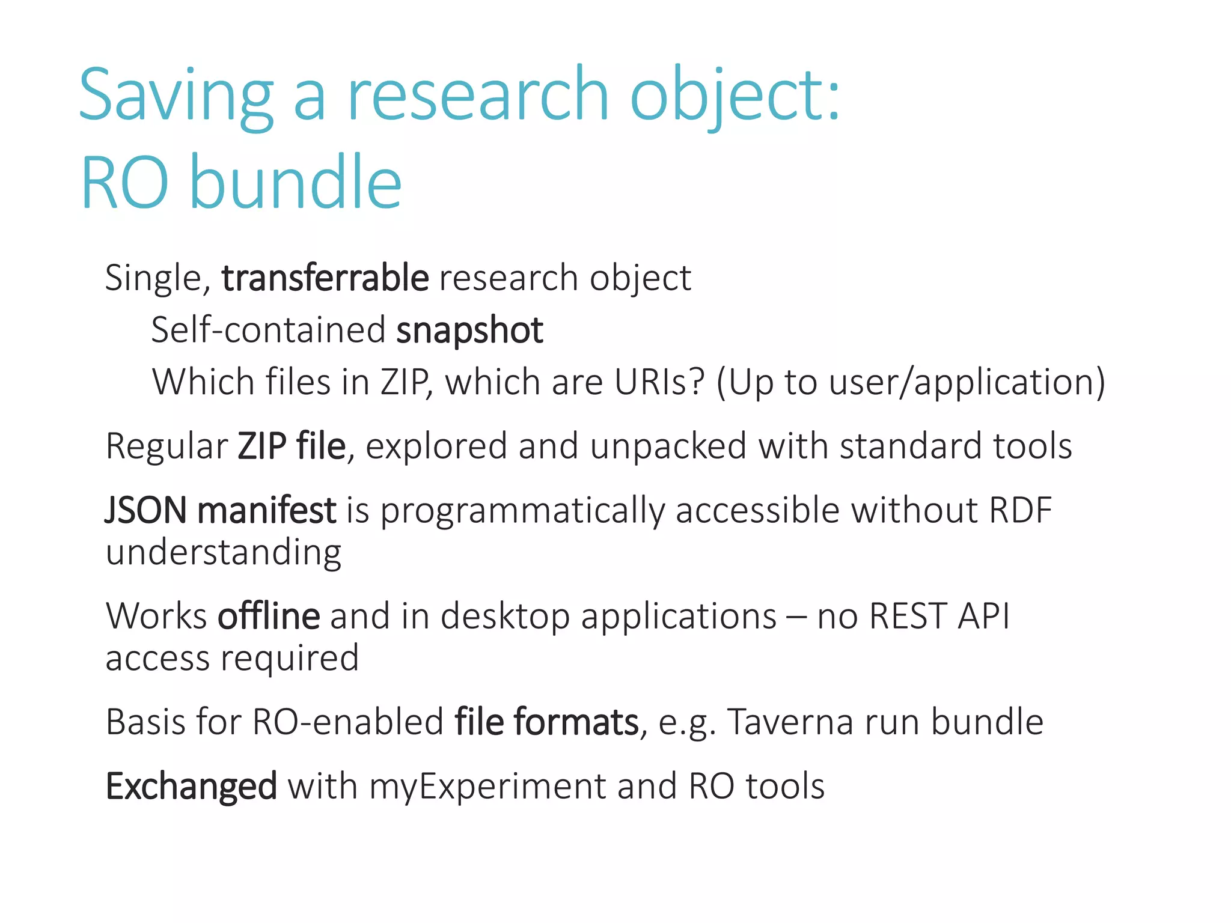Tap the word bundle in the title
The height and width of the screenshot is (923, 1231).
[x=295, y=183]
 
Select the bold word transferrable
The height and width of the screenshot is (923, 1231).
[x=325, y=278]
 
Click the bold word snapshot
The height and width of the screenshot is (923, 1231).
[x=469, y=331]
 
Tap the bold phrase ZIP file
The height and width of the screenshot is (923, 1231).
[x=292, y=446]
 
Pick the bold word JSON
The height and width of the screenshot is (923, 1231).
[x=146, y=511]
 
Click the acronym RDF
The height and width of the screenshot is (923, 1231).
[x=1020, y=511]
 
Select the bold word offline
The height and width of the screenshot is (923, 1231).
[x=269, y=617]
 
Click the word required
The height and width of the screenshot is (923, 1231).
[x=290, y=659]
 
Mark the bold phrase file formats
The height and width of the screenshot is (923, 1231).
[x=546, y=722]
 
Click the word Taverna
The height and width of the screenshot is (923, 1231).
[x=790, y=722]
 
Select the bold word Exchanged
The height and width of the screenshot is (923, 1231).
[x=191, y=787]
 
